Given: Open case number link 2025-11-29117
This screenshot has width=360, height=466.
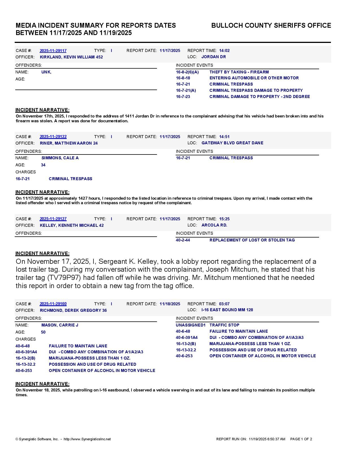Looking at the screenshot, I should pos(53,51).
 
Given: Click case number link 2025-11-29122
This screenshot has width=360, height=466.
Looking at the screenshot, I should pos(53,137).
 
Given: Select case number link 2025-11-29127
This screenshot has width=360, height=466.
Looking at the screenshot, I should pos(53,219).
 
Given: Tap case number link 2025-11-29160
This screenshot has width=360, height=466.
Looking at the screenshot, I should pos(53,304).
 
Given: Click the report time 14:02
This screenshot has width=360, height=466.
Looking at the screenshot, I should pos(224,51).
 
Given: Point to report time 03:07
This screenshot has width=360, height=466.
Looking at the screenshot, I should pos(224,304).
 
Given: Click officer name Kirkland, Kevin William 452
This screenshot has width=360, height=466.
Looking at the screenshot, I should pos(71,57).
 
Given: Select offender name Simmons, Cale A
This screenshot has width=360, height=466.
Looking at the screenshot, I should pos(60,158).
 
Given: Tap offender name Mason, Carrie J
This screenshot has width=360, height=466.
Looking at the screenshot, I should pos(60,325).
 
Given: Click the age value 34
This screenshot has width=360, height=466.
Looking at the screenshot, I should pos(43,165).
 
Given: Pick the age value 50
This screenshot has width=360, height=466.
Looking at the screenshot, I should pos(43,332).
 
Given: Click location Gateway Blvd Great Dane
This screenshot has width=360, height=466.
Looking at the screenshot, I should pos(232,143).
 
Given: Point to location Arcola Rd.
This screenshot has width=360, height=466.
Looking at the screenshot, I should pos(214,225).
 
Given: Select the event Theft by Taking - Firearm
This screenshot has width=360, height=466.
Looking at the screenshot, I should pos(239,72).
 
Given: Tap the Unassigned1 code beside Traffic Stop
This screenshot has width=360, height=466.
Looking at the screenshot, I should pos(190,325).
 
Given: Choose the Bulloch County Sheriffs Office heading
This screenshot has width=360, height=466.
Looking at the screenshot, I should pos(271,25).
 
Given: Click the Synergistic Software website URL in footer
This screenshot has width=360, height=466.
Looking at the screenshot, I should pos(87,439).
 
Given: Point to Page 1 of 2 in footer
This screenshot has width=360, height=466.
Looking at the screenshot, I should pos(301,439).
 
